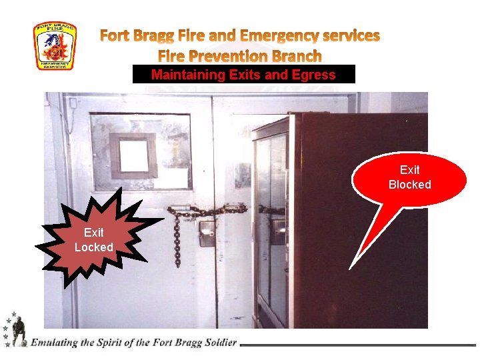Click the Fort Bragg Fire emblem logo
(55, 46)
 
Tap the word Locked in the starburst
(93, 247)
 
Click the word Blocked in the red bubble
(409, 185)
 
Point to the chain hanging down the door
(177, 240)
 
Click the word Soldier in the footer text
(218, 343)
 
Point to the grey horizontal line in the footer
(360, 345)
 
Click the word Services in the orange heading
(349, 35)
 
